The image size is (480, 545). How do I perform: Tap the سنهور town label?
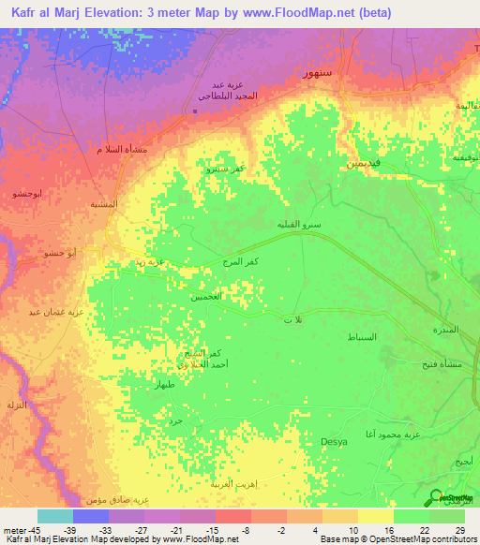coord(297,72)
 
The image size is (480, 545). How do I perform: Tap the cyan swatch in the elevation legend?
coord(55,516)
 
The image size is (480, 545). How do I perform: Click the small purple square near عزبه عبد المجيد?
coord(194,112)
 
